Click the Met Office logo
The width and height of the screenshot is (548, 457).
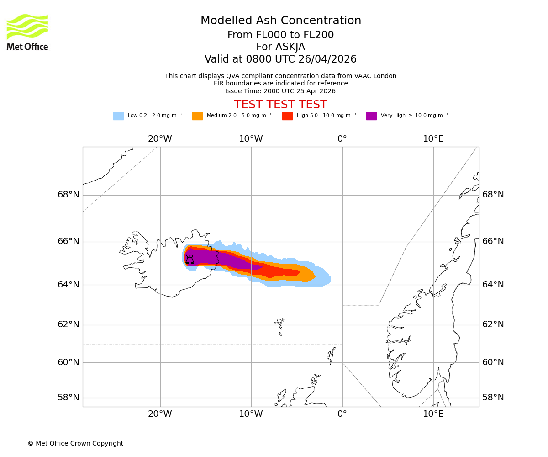coord(27,32)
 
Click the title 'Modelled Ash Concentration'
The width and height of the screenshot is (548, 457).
coord(280,21)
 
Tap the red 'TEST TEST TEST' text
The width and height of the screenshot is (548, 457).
coord(280,105)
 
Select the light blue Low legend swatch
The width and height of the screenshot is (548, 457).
coord(118,116)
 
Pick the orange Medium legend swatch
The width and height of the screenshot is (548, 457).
coord(197,116)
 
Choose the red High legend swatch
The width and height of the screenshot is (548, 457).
coord(287,116)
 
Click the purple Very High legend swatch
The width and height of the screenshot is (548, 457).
coord(371,116)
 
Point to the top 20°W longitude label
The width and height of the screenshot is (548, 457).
coord(160,139)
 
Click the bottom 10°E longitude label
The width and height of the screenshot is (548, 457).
coord(433,414)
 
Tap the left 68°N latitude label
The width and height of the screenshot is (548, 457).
coord(68,195)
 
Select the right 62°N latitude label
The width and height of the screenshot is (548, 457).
coord(493,324)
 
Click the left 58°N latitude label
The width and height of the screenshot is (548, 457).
coord(68,398)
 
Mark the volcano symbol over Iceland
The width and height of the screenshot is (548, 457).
coord(190,259)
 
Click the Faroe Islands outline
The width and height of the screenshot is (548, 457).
coord(279,324)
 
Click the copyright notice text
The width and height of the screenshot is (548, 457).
coord(75,443)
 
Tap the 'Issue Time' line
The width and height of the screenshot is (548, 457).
coord(280,91)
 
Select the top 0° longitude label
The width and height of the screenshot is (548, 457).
coord(342,139)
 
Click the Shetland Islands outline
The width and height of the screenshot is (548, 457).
coord(331,355)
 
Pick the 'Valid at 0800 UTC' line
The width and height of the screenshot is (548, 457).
coord(280,59)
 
